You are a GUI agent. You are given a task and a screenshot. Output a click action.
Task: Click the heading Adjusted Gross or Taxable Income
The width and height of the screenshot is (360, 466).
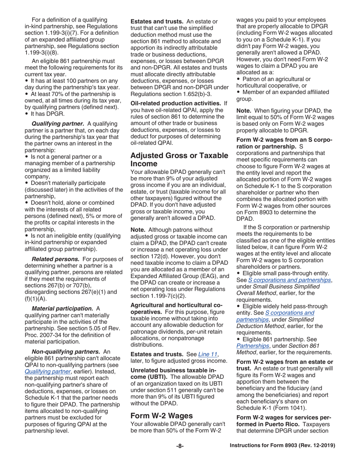tap(179, 160)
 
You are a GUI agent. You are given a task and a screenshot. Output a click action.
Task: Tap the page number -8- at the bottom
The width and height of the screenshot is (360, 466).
tap(180, 446)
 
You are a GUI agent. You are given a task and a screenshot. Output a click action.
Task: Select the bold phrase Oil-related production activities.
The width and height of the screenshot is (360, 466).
tap(175, 103)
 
